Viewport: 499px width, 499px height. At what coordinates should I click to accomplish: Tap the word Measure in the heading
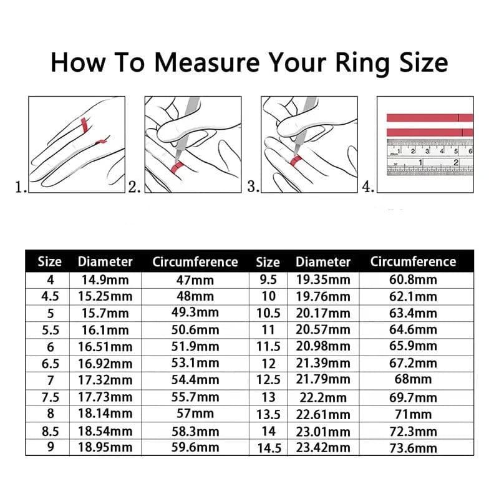(209, 62)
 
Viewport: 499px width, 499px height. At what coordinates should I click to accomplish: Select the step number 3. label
(253, 186)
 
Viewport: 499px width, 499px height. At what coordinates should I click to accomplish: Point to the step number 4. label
(369, 186)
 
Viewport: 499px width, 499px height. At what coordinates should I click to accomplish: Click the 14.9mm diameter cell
(105, 279)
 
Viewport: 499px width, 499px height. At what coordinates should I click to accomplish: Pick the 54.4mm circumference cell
(195, 379)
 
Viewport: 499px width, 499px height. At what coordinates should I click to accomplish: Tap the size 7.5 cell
(51, 397)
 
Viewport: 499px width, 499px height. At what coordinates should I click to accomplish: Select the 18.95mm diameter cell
(105, 447)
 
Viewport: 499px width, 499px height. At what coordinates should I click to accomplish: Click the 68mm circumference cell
(413, 379)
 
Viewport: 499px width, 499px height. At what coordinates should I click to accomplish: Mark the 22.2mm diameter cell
(323, 397)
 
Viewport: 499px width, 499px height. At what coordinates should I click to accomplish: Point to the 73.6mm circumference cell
(413, 447)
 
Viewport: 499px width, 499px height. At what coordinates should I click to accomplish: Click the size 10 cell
(268, 296)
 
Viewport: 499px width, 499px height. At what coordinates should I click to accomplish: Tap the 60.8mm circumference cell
(413, 279)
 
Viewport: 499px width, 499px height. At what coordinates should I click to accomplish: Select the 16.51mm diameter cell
(105, 346)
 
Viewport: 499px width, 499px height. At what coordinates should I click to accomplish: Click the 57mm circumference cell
(195, 414)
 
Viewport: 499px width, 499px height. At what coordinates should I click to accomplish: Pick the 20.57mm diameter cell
(323, 329)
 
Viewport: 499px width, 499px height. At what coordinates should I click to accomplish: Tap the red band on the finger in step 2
(177, 166)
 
